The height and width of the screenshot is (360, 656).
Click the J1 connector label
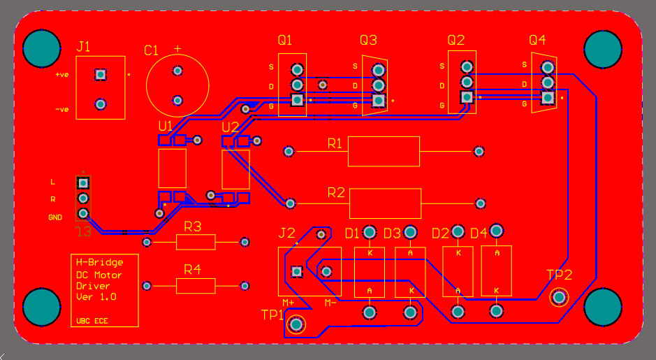(84, 48)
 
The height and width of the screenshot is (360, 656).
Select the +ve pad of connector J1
(101, 74)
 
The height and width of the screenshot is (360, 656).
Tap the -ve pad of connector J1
(101, 104)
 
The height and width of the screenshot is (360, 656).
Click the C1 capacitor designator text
(152, 50)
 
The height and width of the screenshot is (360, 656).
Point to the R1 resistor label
(335, 144)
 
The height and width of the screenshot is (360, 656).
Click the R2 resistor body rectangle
(385, 203)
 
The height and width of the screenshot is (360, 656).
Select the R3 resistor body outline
(196, 242)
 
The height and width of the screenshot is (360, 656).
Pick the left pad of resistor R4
(147, 286)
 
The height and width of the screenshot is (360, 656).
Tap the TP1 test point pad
(297, 324)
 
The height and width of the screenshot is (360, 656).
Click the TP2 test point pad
(559, 297)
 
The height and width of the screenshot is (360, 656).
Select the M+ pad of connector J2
(296, 271)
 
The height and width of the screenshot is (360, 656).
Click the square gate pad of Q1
(298, 100)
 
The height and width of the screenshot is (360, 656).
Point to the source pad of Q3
(379, 70)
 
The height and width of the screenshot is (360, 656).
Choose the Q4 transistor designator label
(538, 40)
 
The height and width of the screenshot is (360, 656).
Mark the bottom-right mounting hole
(602, 307)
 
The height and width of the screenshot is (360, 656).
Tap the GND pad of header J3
(83, 213)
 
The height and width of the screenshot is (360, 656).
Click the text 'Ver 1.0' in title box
(96, 296)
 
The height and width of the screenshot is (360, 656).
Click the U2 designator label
(230, 127)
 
